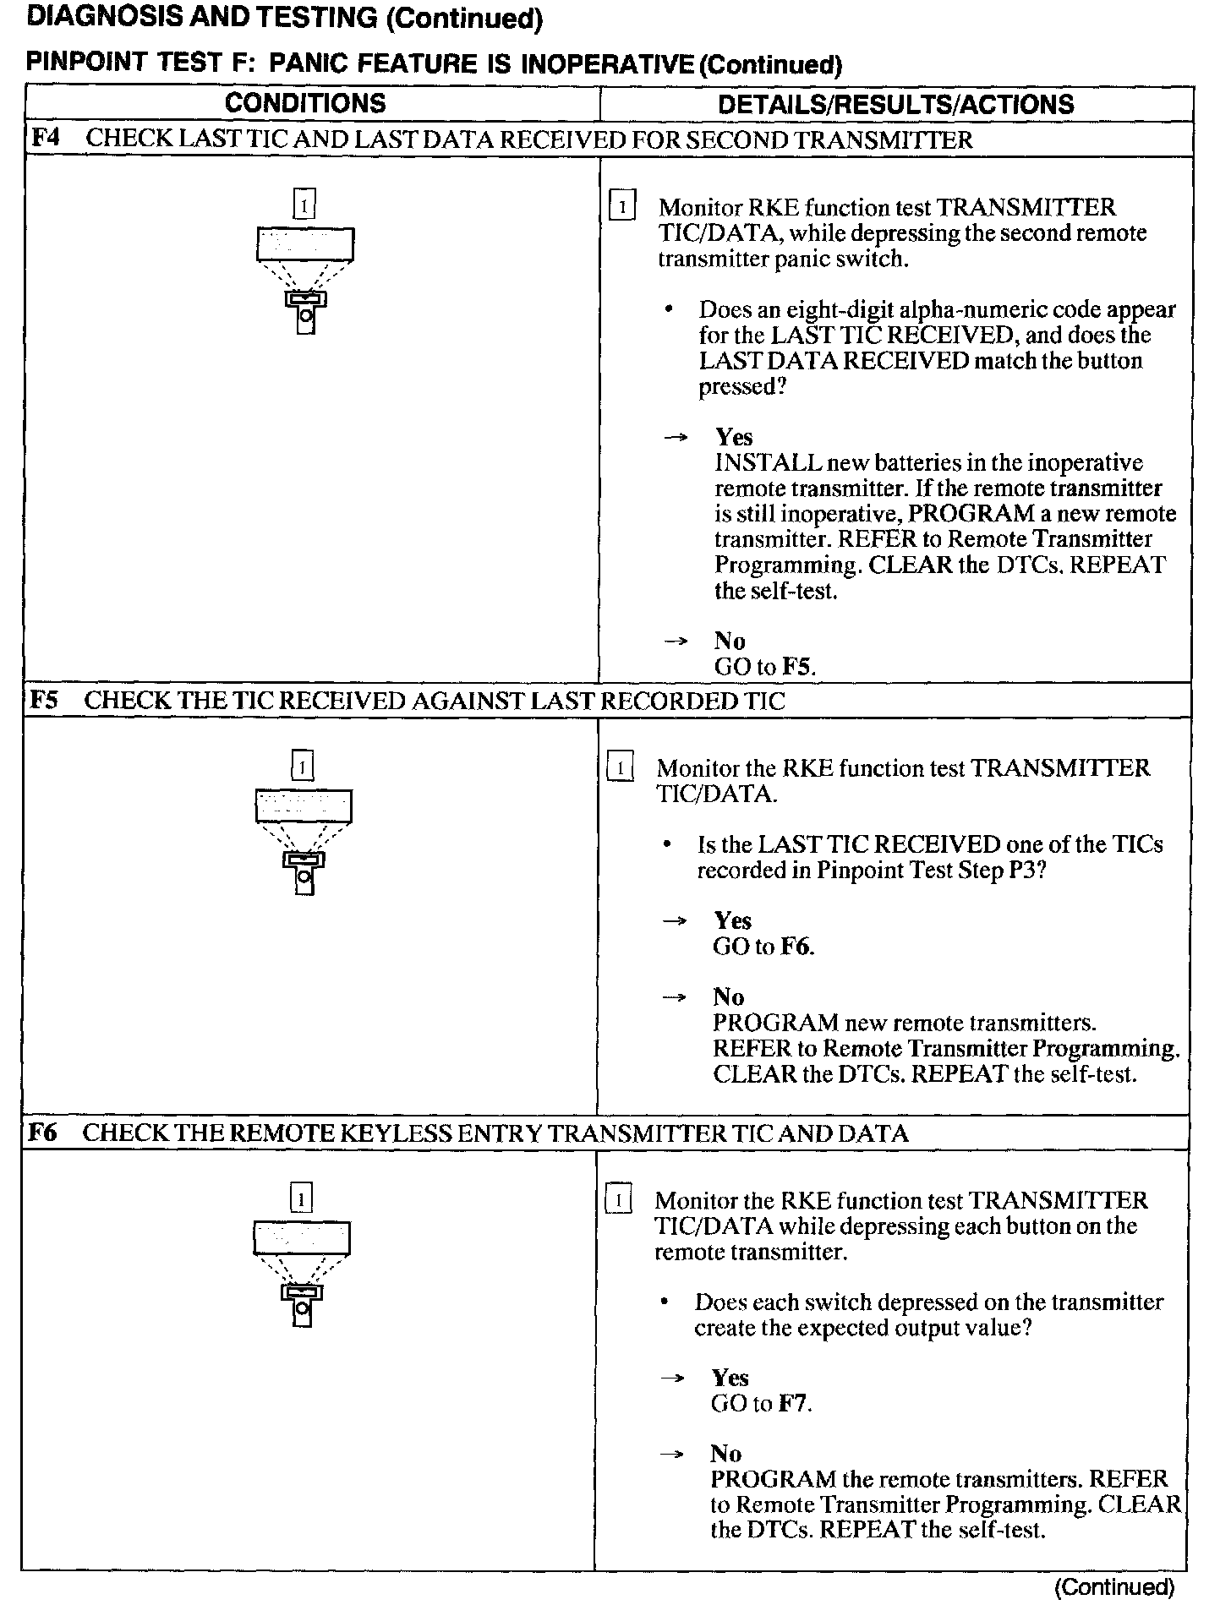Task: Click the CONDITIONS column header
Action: click(x=305, y=104)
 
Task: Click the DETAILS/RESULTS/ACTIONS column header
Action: click(x=895, y=105)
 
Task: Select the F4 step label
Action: click(x=46, y=139)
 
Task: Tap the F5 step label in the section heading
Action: click(x=44, y=701)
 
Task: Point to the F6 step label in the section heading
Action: click(x=42, y=1133)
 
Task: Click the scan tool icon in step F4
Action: click(x=305, y=279)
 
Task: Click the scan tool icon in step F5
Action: click(x=304, y=840)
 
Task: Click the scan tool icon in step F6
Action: click(x=302, y=1273)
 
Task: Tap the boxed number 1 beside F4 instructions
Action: click(x=621, y=207)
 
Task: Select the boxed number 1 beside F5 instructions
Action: click(x=620, y=768)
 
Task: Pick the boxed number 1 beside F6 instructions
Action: click(x=618, y=1201)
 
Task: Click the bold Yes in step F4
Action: click(x=733, y=437)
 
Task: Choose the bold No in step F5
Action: click(x=728, y=997)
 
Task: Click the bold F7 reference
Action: click(x=794, y=1404)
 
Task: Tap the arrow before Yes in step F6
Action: click(x=672, y=1379)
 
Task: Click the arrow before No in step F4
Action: click(x=676, y=641)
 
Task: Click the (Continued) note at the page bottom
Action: click(x=1113, y=1587)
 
